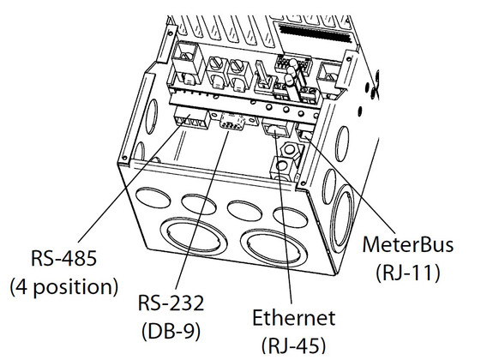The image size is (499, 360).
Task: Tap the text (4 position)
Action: (x=63, y=285)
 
